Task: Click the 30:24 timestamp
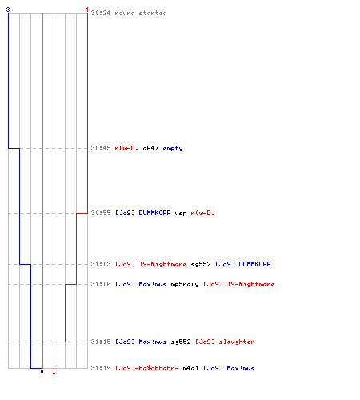coord(101,13)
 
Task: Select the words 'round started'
coord(141,13)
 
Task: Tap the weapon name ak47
coord(150,148)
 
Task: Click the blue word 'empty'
coord(173,148)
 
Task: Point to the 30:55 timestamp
coord(101,213)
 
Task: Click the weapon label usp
coord(181,214)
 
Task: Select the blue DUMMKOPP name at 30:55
coord(154,213)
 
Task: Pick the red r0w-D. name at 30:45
coord(126,148)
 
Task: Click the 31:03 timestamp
coord(101,264)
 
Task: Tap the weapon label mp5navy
coord(185,284)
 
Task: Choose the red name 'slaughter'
coord(237,342)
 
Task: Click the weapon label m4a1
coord(190,368)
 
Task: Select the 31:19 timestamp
coord(101,368)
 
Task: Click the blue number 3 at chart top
coord(8,10)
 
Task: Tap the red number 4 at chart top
coord(86,10)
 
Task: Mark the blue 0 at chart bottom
coord(42,371)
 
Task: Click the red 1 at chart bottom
coord(54,371)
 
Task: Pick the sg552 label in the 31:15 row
coord(181,342)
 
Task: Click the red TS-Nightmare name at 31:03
coord(162,264)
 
